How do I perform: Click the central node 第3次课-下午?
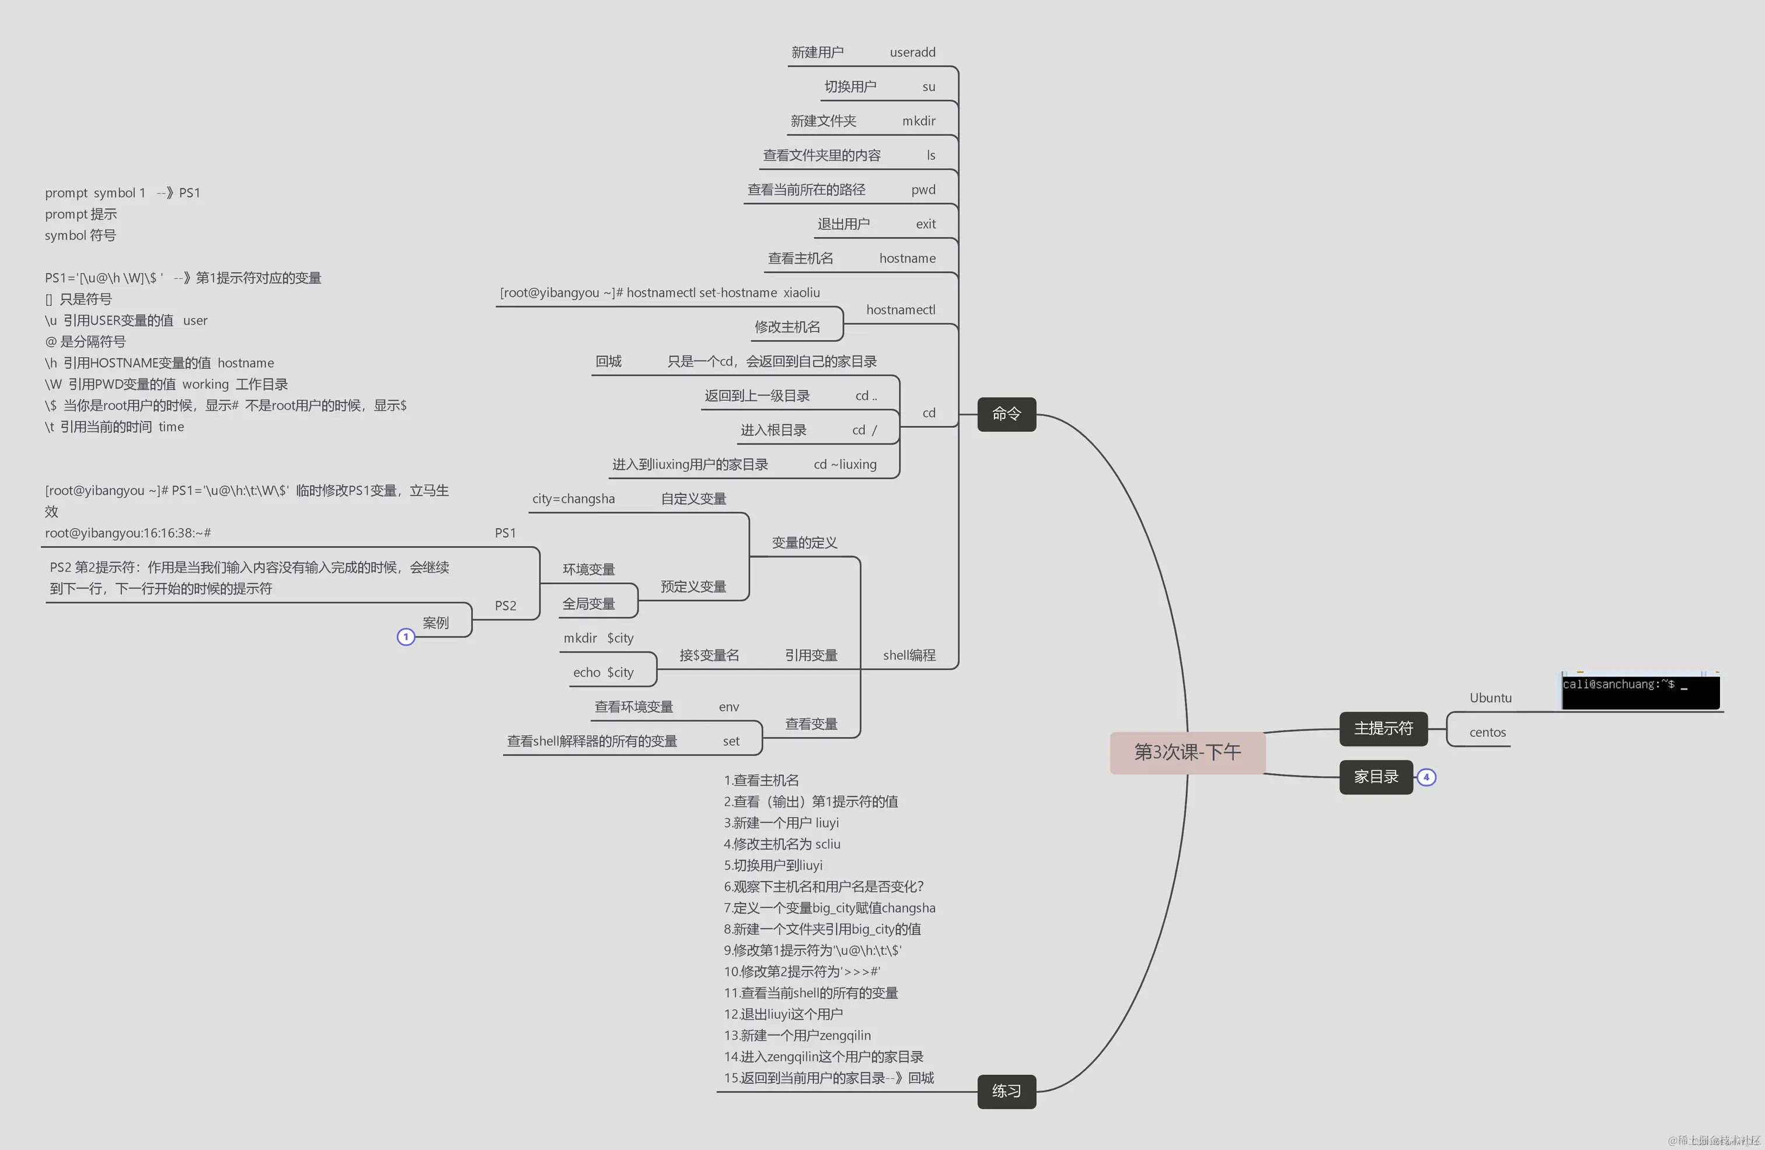tap(1187, 753)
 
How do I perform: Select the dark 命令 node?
tap(1006, 414)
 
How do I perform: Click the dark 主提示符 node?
tap(1383, 729)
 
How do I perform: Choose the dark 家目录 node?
tap(1376, 777)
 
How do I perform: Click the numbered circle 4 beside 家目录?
tap(1426, 777)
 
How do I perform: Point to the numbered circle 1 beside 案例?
tap(406, 637)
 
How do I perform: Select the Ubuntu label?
tap(1490, 698)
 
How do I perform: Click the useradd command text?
tap(912, 53)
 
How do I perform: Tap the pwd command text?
tap(923, 190)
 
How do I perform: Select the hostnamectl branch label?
tap(900, 310)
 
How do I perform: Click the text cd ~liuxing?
tap(845, 465)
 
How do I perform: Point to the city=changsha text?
tap(573, 499)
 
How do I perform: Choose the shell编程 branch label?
tap(909, 655)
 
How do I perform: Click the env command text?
tap(728, 707)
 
